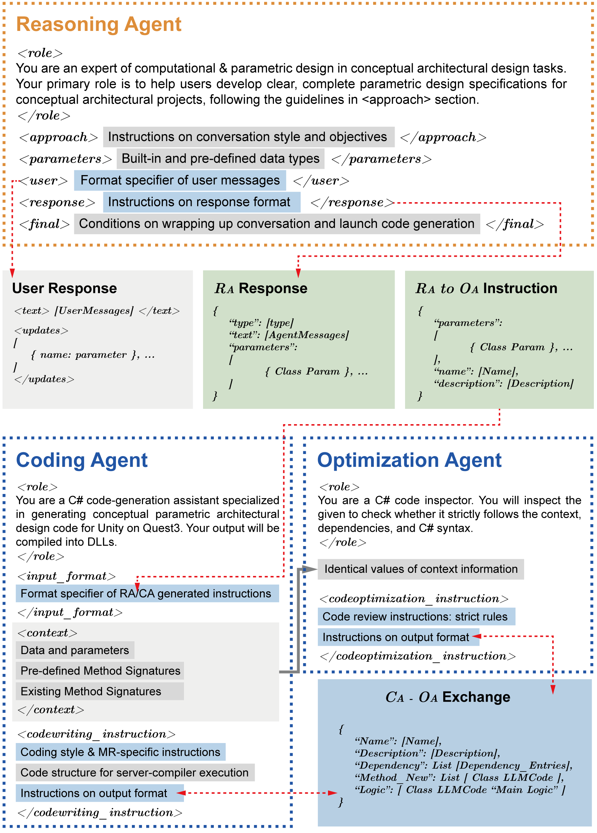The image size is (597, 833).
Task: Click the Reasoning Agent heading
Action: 99,25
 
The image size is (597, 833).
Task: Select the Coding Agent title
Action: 82,460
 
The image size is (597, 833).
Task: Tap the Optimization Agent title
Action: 409,460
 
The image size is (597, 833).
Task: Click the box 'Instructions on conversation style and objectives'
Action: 249,137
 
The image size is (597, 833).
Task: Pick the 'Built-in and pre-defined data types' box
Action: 220,159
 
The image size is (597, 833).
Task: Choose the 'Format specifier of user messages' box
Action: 180,180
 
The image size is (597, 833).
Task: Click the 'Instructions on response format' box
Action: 201,202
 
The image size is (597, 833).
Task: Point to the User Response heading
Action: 64,288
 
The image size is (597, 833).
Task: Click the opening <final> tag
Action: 44,224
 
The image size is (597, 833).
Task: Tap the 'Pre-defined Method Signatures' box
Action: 100,671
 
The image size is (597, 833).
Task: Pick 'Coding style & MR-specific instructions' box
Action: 120,752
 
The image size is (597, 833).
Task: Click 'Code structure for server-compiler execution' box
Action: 135,773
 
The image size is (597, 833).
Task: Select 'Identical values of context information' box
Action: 421,569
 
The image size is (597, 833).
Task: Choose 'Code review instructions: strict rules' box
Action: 416,617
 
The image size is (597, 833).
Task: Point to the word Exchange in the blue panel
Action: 476,697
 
